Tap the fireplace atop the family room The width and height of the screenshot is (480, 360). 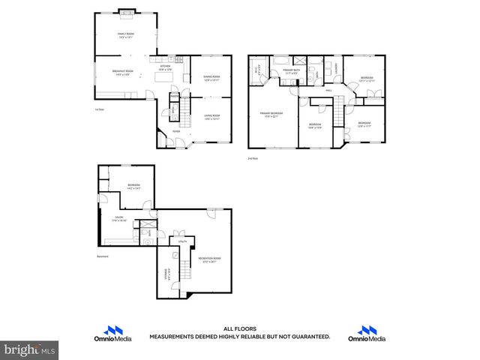click(x=126, y=13)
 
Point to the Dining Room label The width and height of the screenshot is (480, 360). click(x=211, y=77)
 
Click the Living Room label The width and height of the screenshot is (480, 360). click(x=211, y=116)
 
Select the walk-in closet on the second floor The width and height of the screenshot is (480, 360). click(x=257, y=70)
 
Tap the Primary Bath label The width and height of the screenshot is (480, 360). click(x=292, y=73)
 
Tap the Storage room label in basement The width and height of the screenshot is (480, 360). click(x=167, y=275)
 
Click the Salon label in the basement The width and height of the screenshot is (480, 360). click(x=119, y=219)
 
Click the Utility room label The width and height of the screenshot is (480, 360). click(x=182, y=241)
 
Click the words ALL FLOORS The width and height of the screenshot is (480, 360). click(x=239, y=328)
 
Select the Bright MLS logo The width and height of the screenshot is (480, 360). click(x=30, y=349)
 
